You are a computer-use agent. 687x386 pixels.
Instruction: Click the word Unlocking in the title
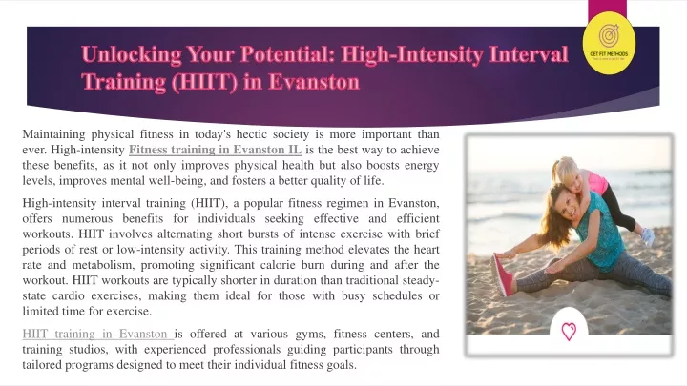[132, 54]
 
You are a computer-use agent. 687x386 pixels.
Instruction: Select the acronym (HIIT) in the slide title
[204, 82]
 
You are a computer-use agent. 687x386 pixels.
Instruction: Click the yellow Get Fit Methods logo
[609, 43]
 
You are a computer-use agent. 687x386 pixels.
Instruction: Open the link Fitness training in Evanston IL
[215, 150]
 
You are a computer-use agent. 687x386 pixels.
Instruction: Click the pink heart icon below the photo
[569, 332]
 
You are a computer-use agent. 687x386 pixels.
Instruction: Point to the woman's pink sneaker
[500, 275]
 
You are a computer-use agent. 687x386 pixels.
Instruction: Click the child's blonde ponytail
[557, 170]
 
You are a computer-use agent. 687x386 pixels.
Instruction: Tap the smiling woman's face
[561, 210]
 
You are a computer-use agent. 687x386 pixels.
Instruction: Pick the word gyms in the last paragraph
[310, 334]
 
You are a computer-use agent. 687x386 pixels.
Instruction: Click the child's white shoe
[647, 236]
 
